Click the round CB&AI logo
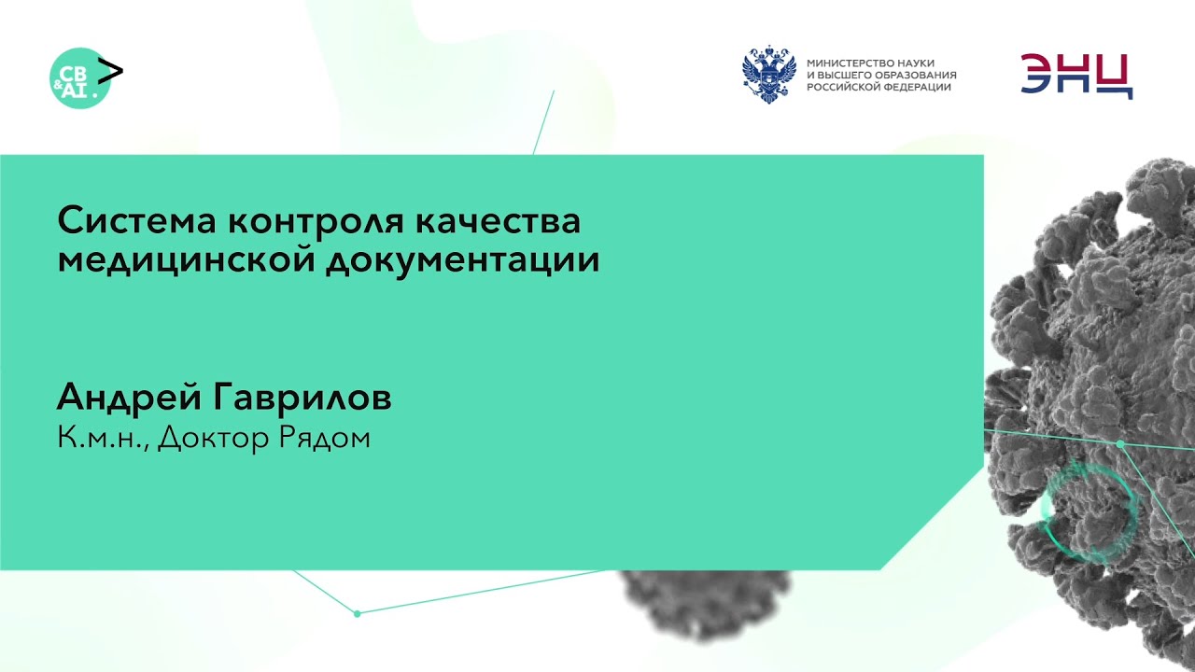[x=78, y=79]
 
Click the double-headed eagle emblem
[x=768, y=75]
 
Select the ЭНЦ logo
[x=1076, y=76]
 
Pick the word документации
[x=462, y=260]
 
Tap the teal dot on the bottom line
[x=357, y=613]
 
